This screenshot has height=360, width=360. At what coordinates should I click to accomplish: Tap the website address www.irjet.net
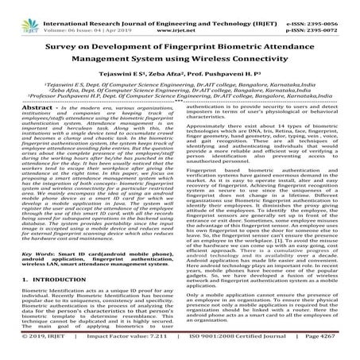pyautogui.click(x=180, y=15)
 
